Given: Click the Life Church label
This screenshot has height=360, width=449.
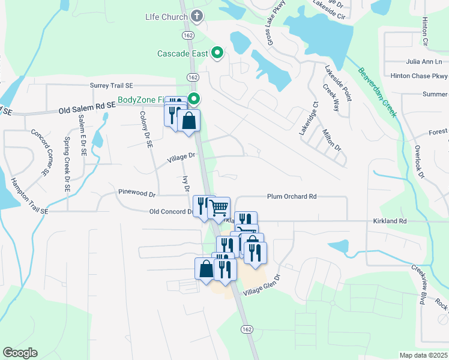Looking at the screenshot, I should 166,17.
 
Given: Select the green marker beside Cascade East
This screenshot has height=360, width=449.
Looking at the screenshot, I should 217,54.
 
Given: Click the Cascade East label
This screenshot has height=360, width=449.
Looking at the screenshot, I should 183,53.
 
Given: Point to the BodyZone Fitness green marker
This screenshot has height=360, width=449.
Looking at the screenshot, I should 194,99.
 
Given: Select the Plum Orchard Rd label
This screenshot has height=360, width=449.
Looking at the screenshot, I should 292,196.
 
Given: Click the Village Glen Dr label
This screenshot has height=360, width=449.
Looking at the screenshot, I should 262,286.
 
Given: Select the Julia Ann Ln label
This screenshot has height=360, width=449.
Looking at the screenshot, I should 424,61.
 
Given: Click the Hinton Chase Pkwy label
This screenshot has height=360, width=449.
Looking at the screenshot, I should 419,76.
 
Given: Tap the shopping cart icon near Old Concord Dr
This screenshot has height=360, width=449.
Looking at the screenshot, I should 219,208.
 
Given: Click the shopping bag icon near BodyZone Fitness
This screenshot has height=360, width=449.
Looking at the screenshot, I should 189,119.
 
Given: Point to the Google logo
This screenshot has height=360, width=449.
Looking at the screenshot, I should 20,353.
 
